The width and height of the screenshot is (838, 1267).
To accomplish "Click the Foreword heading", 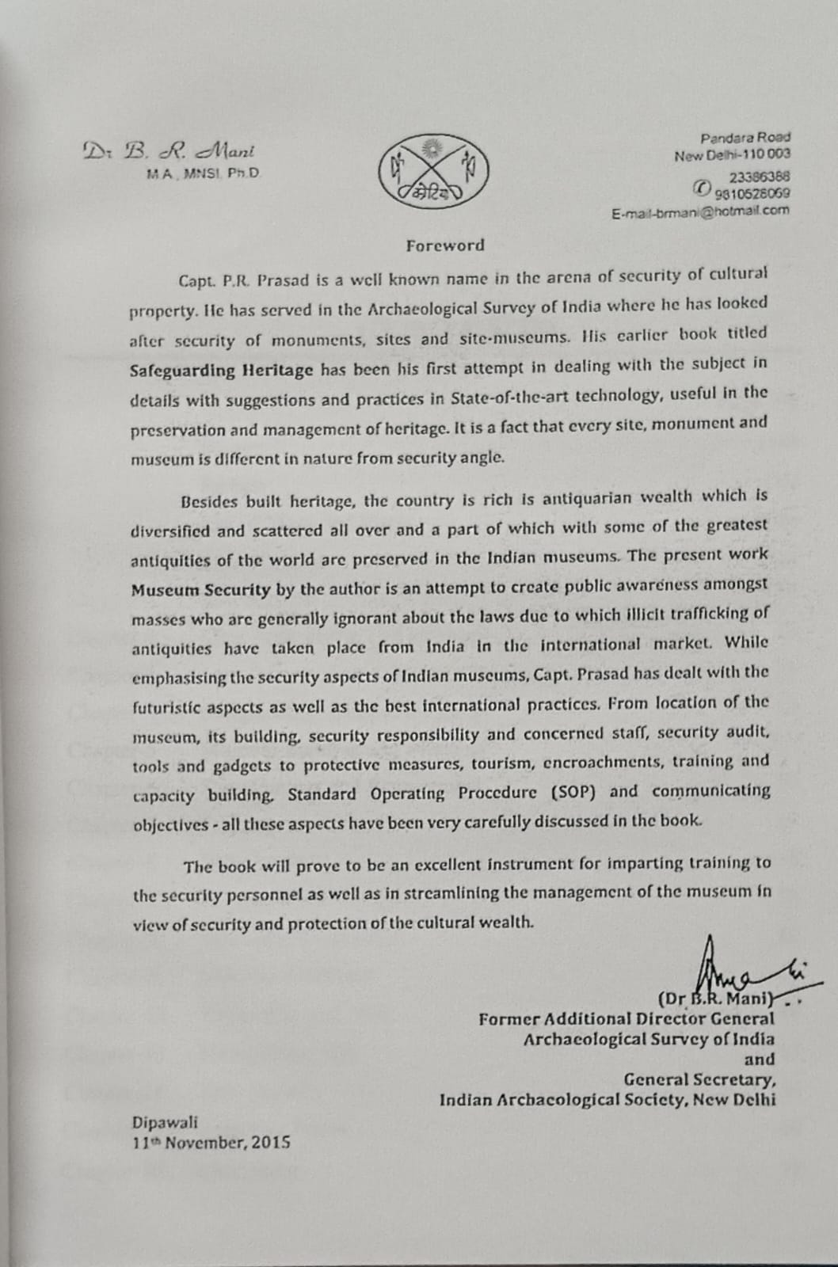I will (x=444, y=245).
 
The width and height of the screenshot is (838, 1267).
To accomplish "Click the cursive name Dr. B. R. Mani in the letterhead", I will (x=169, y=150).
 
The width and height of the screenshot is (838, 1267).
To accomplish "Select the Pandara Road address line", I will (x=745, y=138).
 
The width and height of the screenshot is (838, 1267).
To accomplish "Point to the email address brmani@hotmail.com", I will (x=700, y=211).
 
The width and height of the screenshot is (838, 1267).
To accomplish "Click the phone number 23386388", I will (x=759, y=177).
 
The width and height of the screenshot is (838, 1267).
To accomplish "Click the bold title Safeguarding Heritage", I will (x=222, y=370).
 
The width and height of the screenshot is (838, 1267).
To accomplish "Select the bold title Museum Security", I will (x=201, y=589).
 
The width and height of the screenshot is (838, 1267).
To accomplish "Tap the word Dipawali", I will (x=166, y=1122).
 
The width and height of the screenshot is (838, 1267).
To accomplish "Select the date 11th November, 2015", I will (x=211, y=1142).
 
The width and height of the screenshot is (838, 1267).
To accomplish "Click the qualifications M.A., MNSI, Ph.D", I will (x=204, y=173).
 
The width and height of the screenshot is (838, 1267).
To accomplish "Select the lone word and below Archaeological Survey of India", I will (x=760, y=1059).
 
